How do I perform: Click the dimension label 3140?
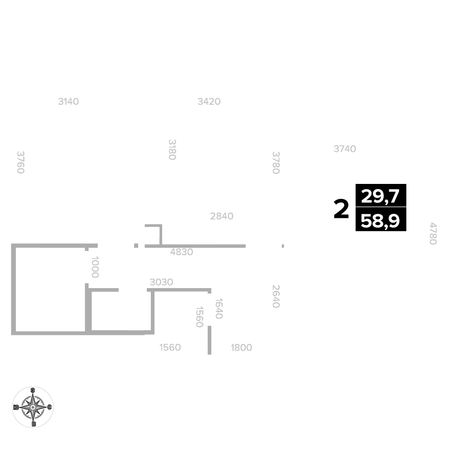68,101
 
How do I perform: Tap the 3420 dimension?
209,101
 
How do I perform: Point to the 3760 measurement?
20,162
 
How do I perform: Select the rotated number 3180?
172,149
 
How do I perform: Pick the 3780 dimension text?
276,163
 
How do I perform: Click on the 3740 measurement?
345,149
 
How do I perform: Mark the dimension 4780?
433,233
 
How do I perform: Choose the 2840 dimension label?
222,216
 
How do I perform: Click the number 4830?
182,252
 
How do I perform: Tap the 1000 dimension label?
95,267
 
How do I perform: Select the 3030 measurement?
161,282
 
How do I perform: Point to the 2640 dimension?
276,296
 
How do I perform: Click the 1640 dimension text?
219,308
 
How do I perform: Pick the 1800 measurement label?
241,347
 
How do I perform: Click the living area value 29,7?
380,196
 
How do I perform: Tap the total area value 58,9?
380,221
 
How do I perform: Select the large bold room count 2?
341,209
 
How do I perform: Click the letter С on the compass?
49,407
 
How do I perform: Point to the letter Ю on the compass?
16,407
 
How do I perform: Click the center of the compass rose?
33,407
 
